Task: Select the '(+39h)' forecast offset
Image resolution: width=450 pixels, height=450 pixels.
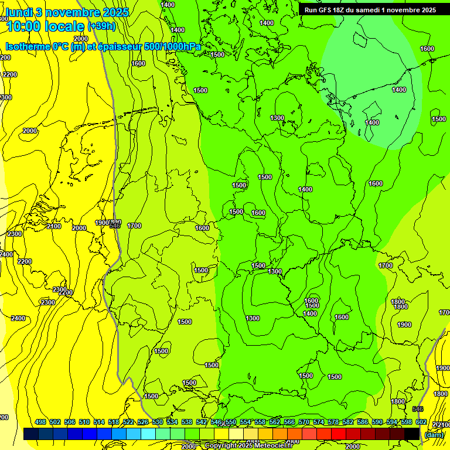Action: pyautogui.click(x=102, y=26)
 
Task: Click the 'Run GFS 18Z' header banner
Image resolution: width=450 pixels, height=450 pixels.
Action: pyautogui.click(x=370, y=10)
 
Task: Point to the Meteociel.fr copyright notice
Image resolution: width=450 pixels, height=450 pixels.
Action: pyautogui.click(x=248, y=445)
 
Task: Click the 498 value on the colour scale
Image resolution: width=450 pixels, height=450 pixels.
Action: pyautogui.click(x=40, y=422)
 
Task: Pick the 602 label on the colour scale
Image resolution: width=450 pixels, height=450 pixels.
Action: pyautogui.click(x=421, y=422)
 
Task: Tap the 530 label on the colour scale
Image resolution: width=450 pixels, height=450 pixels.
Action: pyautogui.click(x=158, y=422)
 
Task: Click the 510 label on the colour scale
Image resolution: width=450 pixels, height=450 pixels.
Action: pyautogui.click(x=84, y=422)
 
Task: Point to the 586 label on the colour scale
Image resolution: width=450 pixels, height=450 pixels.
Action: pyautogui.click(x=362, y=422)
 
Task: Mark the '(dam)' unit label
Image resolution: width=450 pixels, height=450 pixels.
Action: pyautogui.click(x=434, y=434)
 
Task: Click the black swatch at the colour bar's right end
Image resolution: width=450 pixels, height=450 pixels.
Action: pyautogui.click(x=412, y=434)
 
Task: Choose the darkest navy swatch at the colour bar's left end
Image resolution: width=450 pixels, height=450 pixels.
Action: pyautogui.click(x=31, y=434)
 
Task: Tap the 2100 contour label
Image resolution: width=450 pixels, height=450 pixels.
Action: pyautogui.click(x=53, y=226)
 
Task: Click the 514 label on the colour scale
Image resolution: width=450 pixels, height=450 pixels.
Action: pyautogui.click(x=99, y=422)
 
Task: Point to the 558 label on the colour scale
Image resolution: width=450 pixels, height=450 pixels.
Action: pyautogui.click(x=260, y=422)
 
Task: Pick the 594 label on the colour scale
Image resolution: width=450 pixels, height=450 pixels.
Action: pyautogui.click(x=391, y=422)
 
